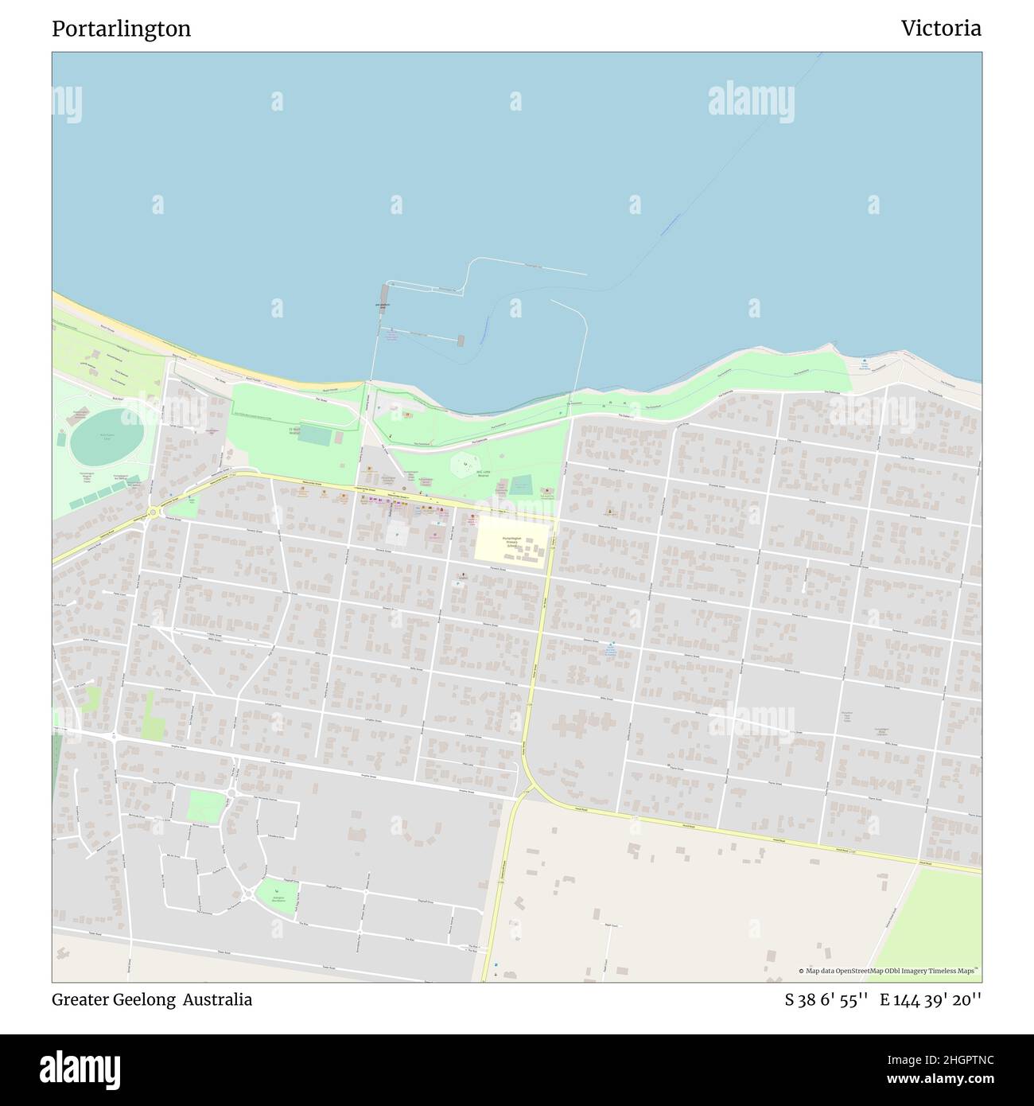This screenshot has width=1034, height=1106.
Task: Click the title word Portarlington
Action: pos(121,29)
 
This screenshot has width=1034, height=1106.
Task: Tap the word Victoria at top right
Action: pos(940,29)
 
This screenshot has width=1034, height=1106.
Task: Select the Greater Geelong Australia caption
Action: pos(152,1000)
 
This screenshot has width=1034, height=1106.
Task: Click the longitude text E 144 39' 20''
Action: pos(930,1000)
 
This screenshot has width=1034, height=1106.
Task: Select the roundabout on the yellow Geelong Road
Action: pos(152,512)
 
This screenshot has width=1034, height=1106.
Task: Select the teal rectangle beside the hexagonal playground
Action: pos(520,485)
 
